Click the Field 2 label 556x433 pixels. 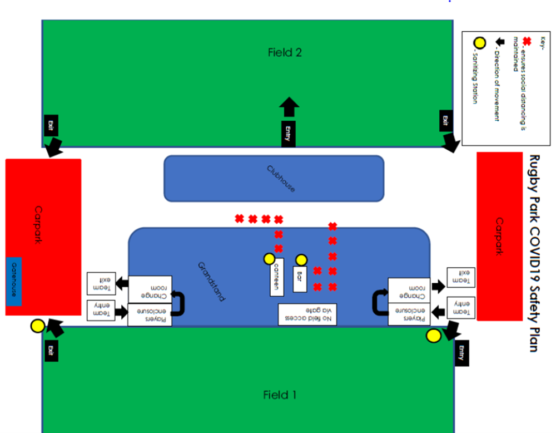[285, 53]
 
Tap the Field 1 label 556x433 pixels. [280, 395]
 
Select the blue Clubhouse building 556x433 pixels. [274, 178]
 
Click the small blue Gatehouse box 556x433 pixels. [14, 282]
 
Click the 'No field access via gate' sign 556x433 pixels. [307, 314]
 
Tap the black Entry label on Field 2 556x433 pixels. [288, 134]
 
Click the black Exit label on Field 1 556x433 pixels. [51, 350]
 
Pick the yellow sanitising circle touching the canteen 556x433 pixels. [269, 259]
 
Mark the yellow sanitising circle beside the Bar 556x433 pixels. [301, 259]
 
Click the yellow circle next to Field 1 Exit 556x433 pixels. [38, 326]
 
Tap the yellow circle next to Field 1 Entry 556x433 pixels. [433, 336]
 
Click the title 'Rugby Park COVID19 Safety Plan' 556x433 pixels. [534, 253]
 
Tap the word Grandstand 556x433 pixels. [212, 282]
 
